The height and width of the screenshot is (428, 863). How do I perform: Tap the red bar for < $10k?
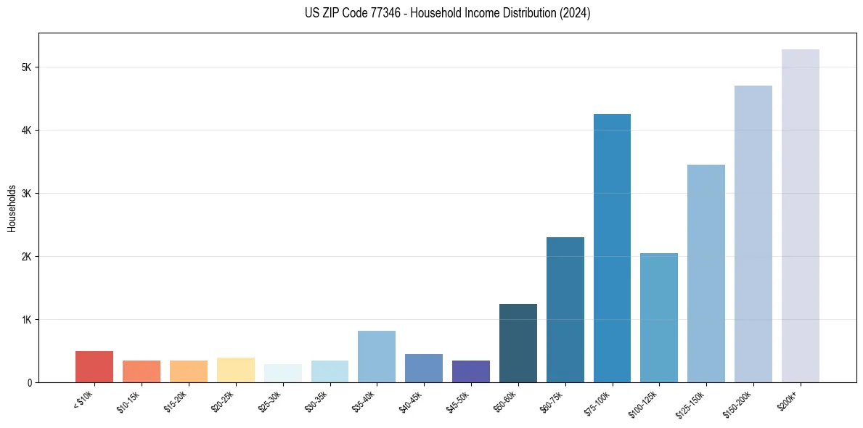click(94, 367)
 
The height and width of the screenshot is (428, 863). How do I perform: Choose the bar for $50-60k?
click(518, 343)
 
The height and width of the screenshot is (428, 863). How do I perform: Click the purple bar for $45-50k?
click(470, 371)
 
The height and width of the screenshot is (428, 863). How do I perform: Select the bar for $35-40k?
click(377, 356)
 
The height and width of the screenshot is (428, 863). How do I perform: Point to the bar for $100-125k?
click(659, 318)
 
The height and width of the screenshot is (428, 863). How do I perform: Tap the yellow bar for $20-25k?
click(235, 370)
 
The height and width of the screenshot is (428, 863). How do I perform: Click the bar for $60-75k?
click(565, 310)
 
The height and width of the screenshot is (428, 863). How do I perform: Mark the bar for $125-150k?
click(705, 273)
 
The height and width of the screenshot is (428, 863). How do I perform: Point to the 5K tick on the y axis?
click(27, 67)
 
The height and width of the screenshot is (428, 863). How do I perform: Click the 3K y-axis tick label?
click(27, 194)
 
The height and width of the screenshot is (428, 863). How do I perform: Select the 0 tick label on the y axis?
click(30, 383)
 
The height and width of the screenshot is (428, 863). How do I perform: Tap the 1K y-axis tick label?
click(27, 320)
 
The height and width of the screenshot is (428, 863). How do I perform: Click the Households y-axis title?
click(12, 208)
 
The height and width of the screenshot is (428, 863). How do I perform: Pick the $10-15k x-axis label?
click(129, 400)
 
